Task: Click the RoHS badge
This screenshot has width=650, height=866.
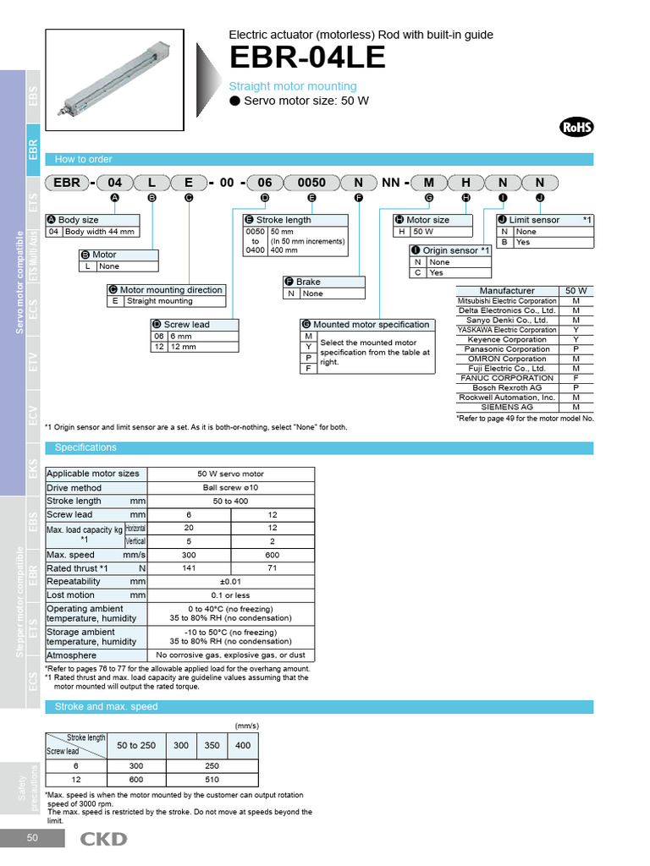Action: click(x=576, y=128)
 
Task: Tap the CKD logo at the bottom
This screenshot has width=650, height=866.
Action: click(x=103, y=839)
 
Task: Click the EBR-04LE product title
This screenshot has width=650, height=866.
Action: click(x=307, y=58)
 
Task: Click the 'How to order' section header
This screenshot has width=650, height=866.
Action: click(x=83, y=159)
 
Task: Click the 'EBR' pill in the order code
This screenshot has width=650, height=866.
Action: click(x=67, y=182)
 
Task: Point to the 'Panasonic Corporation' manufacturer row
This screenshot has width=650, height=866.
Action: click(x=507, y=349)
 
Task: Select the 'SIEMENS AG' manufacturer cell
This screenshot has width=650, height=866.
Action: click(x=507, y=407)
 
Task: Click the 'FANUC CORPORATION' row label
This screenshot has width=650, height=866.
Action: click(x=507, y=378)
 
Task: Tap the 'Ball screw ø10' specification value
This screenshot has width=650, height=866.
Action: click(x=230, y=488)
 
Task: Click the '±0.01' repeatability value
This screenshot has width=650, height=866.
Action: click(x=230, y=582)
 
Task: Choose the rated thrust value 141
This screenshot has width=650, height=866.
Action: click(x=189, y=568)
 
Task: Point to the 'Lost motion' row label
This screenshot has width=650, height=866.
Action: click(x=71, y=595)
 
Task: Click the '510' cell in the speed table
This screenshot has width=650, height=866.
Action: click(x=212, y=780)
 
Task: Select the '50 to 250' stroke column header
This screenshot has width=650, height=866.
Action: click(x=136, y=745)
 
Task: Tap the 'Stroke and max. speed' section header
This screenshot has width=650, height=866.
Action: click(x=106, y=707)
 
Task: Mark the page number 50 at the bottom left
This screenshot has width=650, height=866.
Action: click(x=32, y=838)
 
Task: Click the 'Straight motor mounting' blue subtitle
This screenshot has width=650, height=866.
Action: click(x=293, y=86)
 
